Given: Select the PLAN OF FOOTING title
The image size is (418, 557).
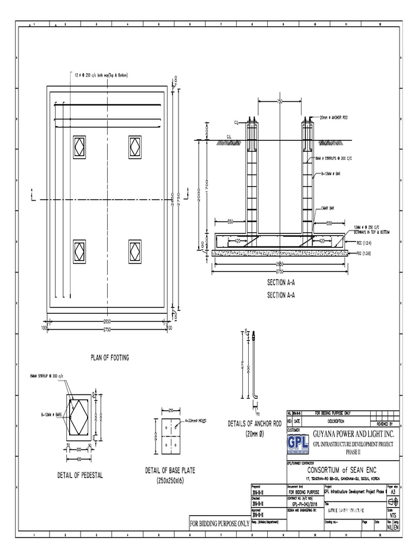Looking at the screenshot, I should coord(109,357).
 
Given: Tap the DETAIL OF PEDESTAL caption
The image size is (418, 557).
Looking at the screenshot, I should coord(79,475).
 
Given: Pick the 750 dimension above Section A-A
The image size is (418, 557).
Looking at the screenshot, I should coord(280,101).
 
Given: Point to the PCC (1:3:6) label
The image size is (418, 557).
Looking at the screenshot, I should coord(364,253).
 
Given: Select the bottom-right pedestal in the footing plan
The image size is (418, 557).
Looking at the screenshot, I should coord(135,250).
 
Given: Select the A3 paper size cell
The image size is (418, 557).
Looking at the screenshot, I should coord(392,491).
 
